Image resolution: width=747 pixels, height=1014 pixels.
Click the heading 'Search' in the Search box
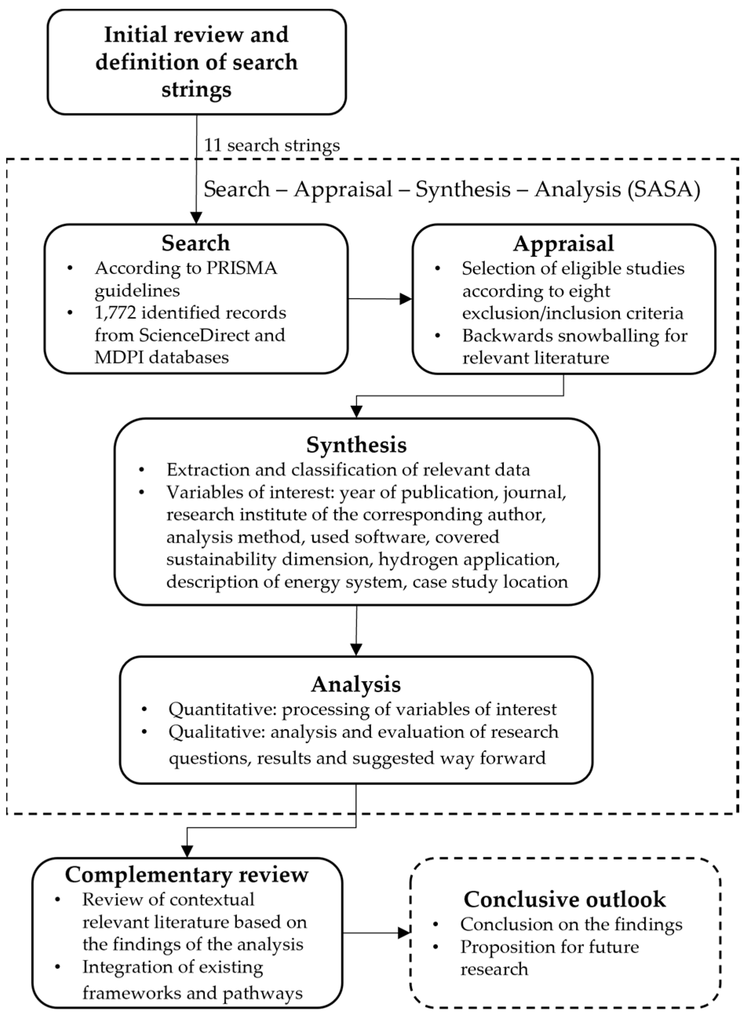(x=196, y=243)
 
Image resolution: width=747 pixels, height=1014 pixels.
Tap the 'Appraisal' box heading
(x=563, y=243)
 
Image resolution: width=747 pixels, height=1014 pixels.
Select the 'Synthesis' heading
(x=356, y=445)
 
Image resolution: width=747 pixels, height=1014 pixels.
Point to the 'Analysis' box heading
(x=356, y=684)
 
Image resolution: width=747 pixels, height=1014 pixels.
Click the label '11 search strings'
(x=272, y=146)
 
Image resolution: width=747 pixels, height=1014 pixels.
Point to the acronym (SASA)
(x=664, y=189)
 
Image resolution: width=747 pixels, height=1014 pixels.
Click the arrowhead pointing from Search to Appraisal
(x=406, y=299)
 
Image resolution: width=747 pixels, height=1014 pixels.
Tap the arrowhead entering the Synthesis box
(x=357, y=412)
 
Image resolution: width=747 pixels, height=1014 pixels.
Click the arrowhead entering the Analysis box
(x=356, y=649)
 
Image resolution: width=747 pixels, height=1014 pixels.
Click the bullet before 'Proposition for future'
(x=435, y=946)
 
